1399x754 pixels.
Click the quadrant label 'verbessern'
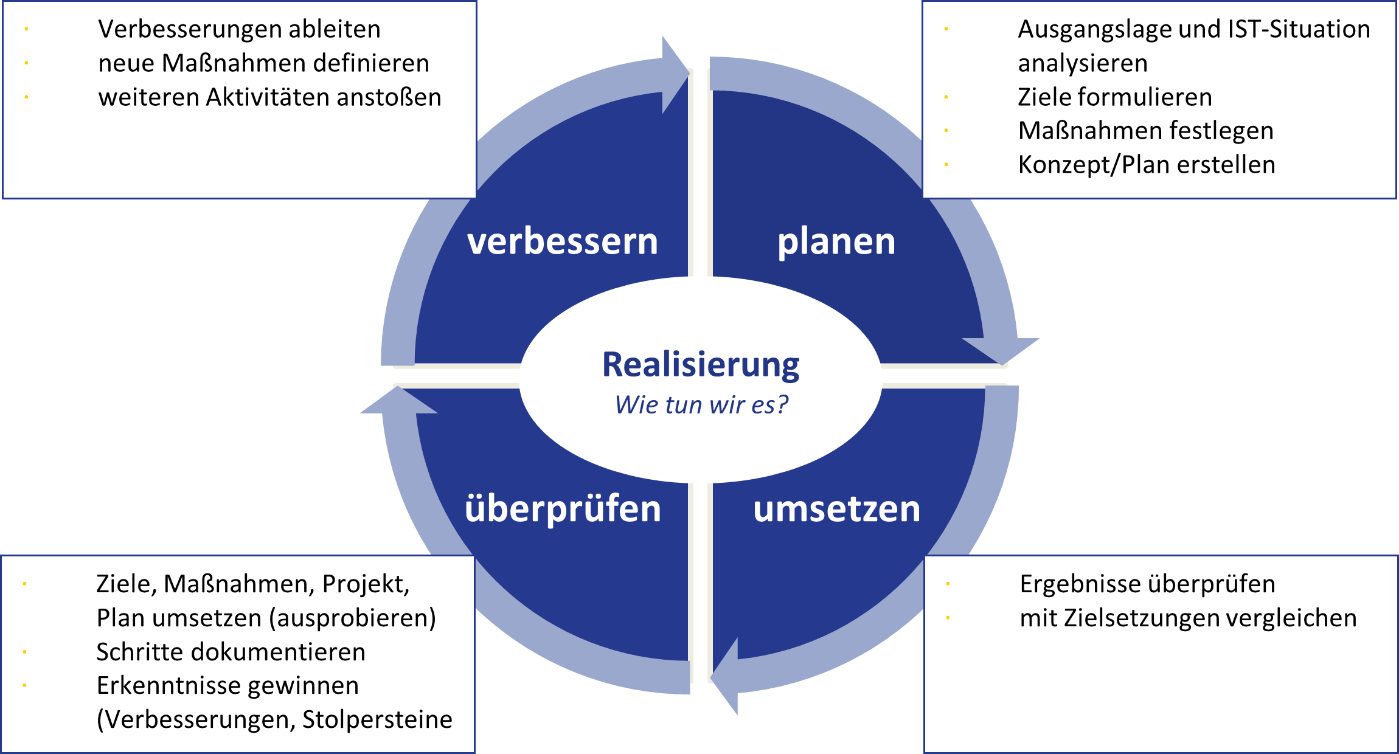click(x=563, y=241)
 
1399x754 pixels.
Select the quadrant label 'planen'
click(x=836, y=241)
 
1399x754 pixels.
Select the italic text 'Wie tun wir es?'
click(x=701, y=404)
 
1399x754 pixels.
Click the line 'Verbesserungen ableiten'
click(x=239, y=29)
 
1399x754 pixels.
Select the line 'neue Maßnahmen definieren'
click(x=263, y=63)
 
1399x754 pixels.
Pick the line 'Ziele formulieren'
click(x=1114, y=97)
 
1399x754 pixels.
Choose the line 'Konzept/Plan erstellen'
click(x=1146, y=165)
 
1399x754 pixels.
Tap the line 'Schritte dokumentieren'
click(x=231, y=652)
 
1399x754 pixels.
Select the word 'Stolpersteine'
click(x=377, y=719)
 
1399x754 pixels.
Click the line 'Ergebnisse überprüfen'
click(x=1147, y=584)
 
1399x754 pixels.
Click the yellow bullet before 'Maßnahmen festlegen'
click(x=946, y=131)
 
